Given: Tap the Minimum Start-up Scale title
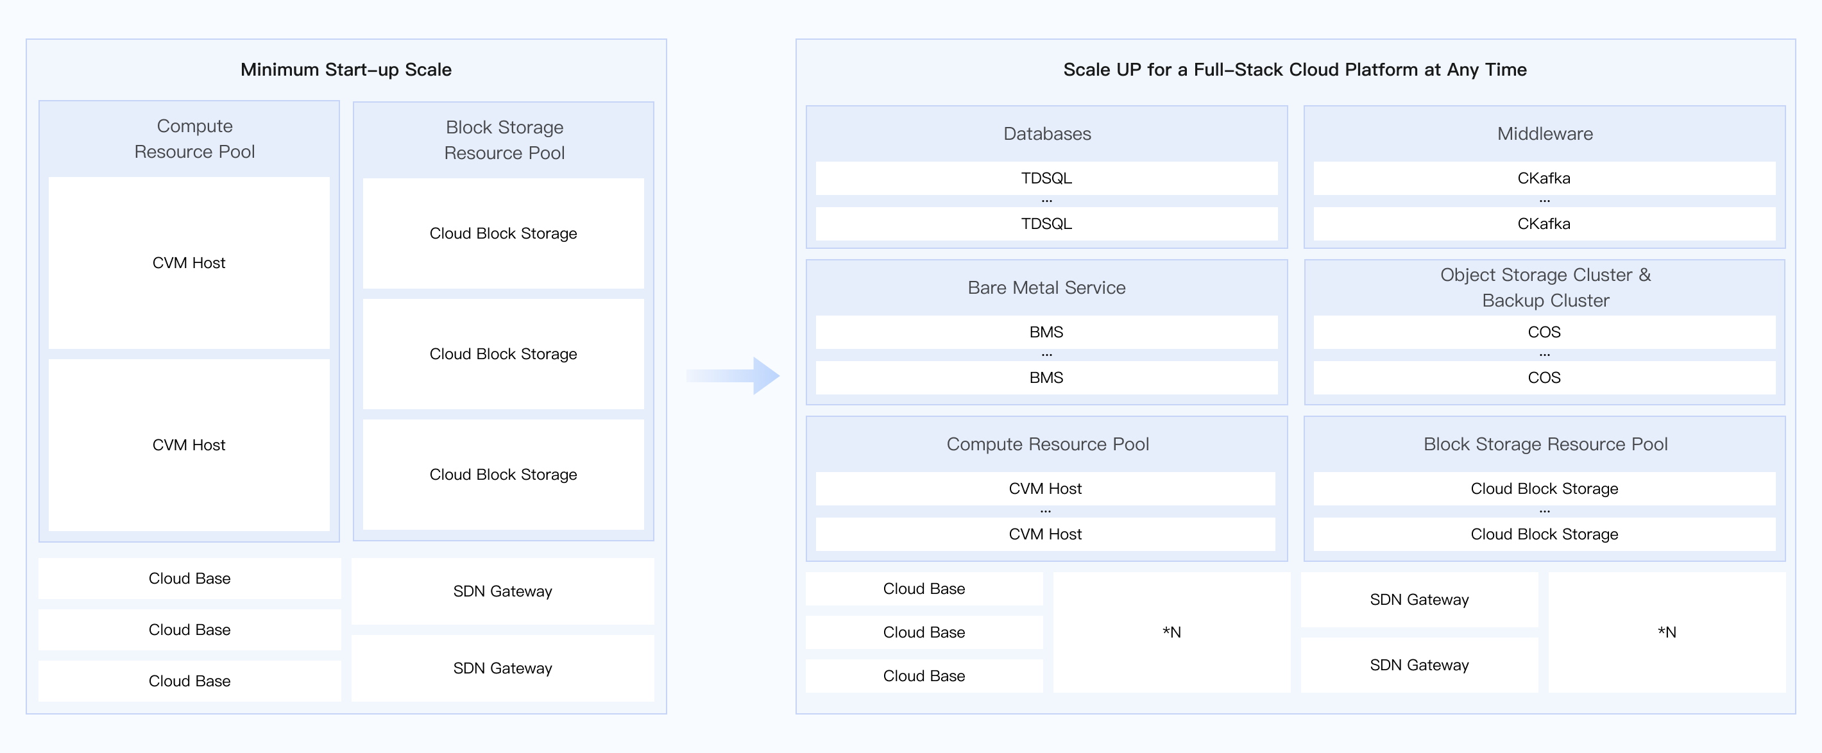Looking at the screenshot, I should pyautogui.click(x=346, y=69).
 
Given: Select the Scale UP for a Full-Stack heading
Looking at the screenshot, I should pyautogui.click(x=1295, y=69).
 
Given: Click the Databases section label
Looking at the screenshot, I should pyautogui.click(x=1047, y=133).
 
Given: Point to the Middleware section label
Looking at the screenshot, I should pyautogui.click(x=1545, y=133).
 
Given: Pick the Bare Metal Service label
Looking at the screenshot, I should pyautogui.click(x=1046, y=288).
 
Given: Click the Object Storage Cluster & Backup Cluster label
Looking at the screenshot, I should pyautogui.click(x=1545, y=287).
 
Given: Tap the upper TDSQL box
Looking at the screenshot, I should pyautogui.click(x=1046, y=178).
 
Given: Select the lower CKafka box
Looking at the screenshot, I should pyautogui.click(x=1544, y=223).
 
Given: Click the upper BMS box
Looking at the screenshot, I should pyautogui.click(x=1046, y=332).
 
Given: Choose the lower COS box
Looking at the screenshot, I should pyautogui.click(x=1544, y=378).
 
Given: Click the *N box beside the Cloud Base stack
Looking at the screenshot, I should pyautogui.click(x=1171, y=632).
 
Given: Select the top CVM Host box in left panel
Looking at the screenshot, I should pyautogui.click(x=189, y=263).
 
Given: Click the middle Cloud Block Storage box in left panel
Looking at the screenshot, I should pyautogui.click(x=503, y=353).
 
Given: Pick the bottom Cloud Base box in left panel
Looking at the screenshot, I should pyautogui.click(x=189, y=681).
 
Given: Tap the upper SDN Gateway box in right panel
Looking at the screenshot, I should pyautogui.click(x=1419, y=600).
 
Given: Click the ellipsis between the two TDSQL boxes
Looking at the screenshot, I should pyautogui.click(x=1047, y=201).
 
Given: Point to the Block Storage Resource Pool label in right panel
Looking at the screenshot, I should pyautogui.click(x=1545, y=444).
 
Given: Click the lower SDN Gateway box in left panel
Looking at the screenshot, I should pyautogui.click(x=502, y=668).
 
